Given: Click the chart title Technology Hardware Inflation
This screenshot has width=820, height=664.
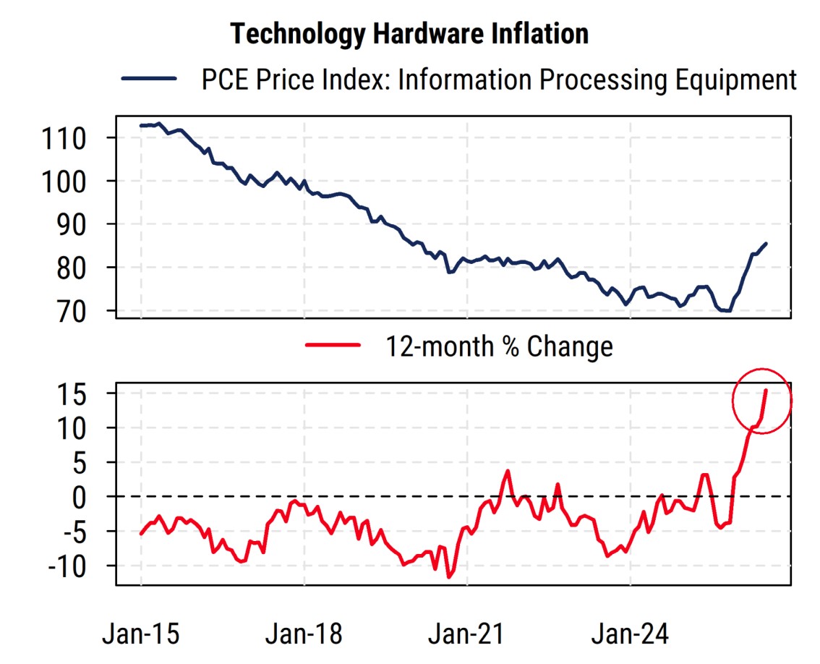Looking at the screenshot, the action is pyautogui.click(x=409, y=34).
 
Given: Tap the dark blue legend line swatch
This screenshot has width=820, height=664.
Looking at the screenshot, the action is pyautogui.click(x=149, y=79).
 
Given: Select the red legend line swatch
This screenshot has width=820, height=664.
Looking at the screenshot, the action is pyautogui.click(x=333, y=345).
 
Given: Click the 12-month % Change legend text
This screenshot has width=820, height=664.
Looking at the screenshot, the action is pyautogui.click(x=499, y=346).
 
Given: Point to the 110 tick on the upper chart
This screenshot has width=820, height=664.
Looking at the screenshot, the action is pyautogui.click(x=64, y=139).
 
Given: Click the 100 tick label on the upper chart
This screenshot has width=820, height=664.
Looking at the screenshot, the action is pyautogui.click(x=64, y=182).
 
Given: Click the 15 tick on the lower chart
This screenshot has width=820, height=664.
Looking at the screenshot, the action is pyautogui.click(x=72, y=394).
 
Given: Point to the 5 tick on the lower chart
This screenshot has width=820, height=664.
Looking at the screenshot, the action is pyautogui.click(x=80, y=463).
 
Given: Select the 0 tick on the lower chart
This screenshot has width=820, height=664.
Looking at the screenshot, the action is pyautogui.click(x=80, y=498).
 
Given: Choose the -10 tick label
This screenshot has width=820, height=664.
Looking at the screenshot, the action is pyautogui.click(x=67, y=566).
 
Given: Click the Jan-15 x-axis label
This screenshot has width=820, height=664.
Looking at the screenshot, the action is pyautogui.click(x=141, y=634).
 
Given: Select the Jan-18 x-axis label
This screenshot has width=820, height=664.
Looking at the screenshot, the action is pyautogui.click(x=304, y=634).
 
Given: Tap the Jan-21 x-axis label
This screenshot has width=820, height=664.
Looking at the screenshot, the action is pyautogui.click(x=466, y=634).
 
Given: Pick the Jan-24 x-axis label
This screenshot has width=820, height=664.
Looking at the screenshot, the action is pyautogui.click(x=630, y=634).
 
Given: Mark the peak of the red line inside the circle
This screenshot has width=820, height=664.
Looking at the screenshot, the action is pyautogui.click(x=766, y=390).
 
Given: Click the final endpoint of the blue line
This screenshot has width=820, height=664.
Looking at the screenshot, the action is pyautogui.click(x=766, y=243).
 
